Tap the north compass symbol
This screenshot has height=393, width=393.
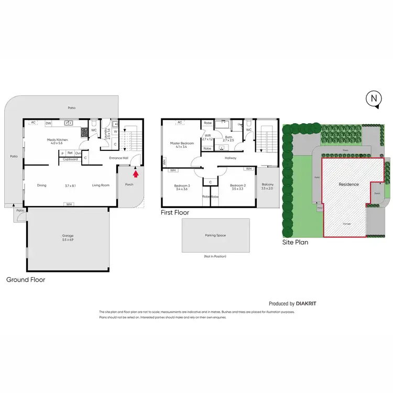(x=374, y=99)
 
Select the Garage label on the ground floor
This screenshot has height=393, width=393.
(x=67, y=236)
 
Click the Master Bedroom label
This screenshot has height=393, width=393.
(x=182, y=144)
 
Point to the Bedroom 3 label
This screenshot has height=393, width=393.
(x=182, y=186)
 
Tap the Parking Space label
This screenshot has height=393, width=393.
(x=215, y=235)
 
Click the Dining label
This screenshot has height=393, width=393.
(x=42, y=185)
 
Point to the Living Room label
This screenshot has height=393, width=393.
(x=100, y=185)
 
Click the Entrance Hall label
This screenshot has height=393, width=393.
(x=119, y=158)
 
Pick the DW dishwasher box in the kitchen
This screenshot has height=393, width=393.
(x=48, y=123)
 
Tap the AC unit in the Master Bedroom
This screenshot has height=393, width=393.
(x=180, y=123)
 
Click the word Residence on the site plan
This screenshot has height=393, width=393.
(x=348, y=184)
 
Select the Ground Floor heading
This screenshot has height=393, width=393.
(x=25, y=280)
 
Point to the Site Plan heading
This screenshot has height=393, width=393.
(x=295, y=243)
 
